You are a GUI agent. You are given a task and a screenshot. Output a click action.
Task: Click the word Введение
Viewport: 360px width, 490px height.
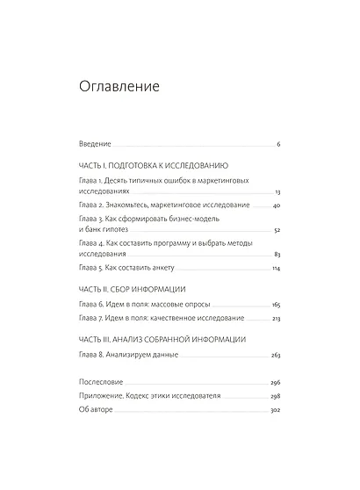point(95,143)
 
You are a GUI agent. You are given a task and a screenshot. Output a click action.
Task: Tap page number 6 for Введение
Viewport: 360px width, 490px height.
point(277,143)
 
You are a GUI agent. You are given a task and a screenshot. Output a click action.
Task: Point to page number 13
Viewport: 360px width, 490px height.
point(277,191)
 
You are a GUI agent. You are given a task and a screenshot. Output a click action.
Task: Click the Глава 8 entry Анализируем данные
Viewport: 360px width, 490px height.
point(128,355)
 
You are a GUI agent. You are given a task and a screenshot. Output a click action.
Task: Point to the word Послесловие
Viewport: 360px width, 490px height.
point(101,384)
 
